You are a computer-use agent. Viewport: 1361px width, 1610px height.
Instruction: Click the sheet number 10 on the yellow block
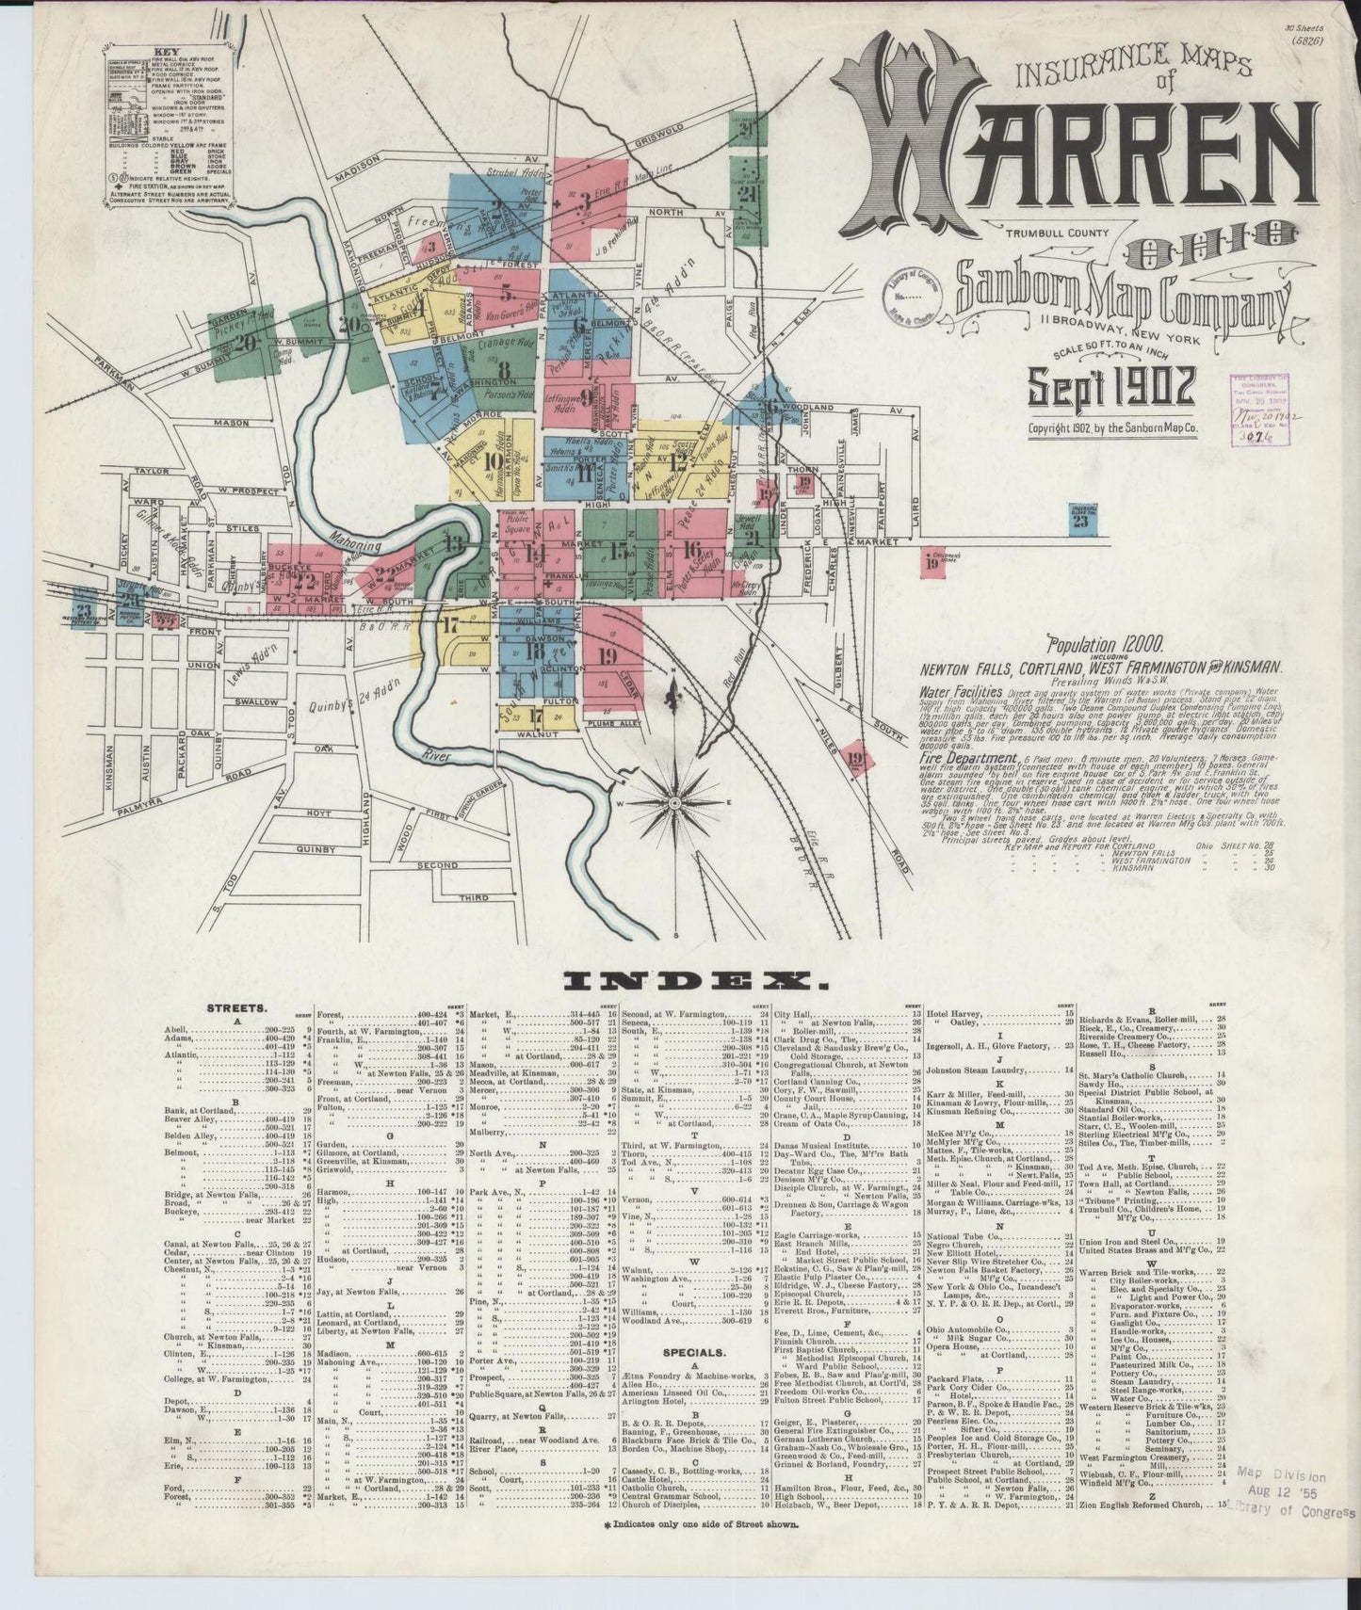tap(492, 461)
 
